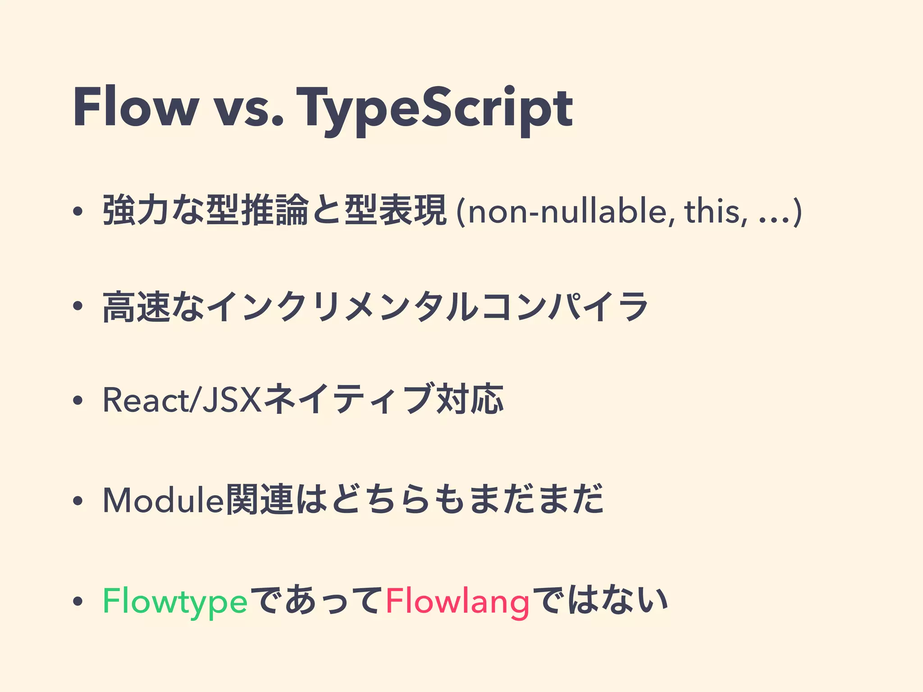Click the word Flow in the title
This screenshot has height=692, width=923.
(135, 108)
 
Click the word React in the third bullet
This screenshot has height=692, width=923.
(146, 400)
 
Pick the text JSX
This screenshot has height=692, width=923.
(232, 400)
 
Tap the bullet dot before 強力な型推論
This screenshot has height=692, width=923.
(78, 212)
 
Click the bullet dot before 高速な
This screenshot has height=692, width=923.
(78, 306)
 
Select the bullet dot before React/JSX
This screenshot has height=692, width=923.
(78, 401)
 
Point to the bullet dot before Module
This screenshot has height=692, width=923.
(78, 501)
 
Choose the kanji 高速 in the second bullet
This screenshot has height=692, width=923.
(137, 307)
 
